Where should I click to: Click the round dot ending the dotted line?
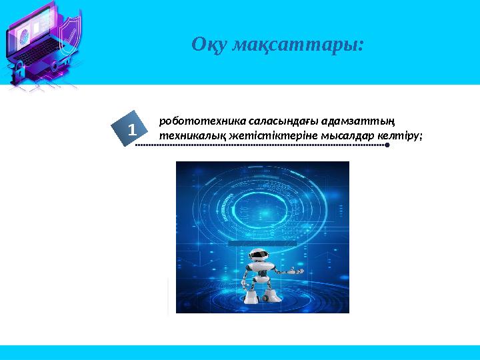(387, 145)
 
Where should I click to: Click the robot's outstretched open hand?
(294, 272)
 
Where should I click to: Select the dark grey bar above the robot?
(257, 243)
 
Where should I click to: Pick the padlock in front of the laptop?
(19, 69)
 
